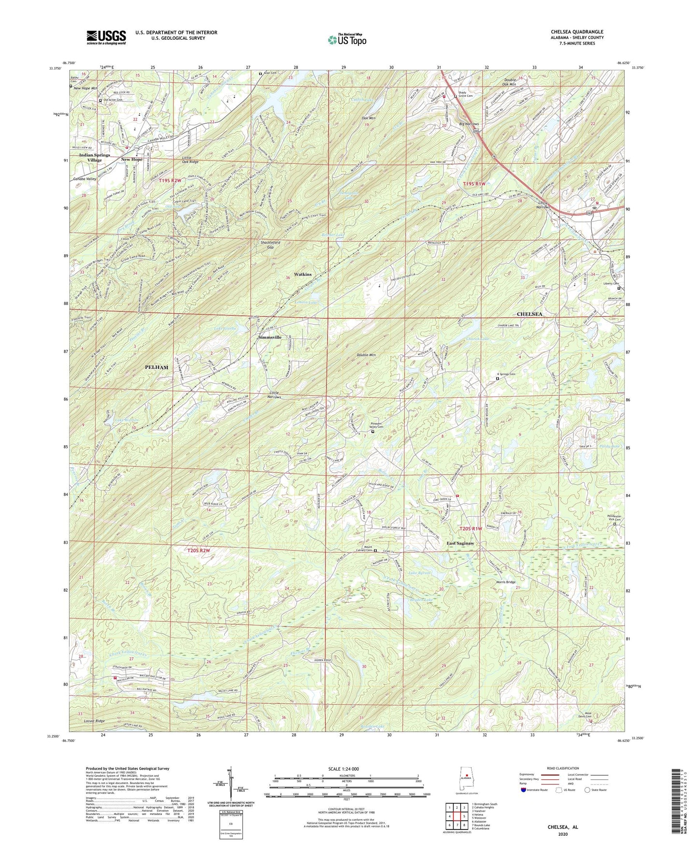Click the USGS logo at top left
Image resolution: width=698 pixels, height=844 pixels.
[x=106, y=37]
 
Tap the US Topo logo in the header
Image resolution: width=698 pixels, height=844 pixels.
[x=346, y=39]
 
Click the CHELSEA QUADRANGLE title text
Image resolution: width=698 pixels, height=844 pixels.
[x=577, y=32]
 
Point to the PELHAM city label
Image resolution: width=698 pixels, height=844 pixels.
[x=157, y=367]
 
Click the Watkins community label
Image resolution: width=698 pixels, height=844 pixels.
[x=303, y=274]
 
